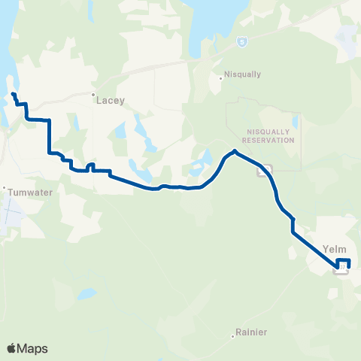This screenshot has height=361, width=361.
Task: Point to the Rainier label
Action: tap(252, 332)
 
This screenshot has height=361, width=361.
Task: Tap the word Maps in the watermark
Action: tap(34, 348)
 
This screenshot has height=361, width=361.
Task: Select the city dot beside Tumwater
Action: tap(4, 188)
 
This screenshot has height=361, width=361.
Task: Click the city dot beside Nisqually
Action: tap(225, 75)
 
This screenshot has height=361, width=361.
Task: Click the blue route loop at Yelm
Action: tap(345, 263)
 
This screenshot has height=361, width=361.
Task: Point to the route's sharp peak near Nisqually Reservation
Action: tap(235, 151)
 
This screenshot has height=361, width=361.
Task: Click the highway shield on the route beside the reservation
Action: tap(262, 170)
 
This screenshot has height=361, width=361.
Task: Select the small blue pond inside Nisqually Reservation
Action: tap(295, 120)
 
